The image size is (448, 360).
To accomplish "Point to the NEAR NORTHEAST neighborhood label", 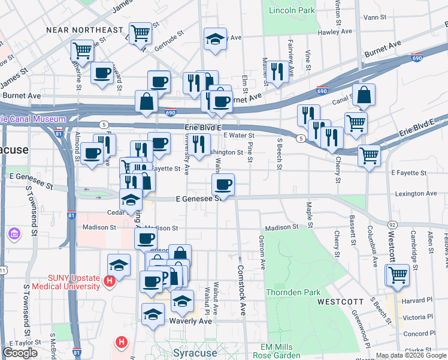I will click(84, 29).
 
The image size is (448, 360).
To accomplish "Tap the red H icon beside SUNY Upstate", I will click(109, 280).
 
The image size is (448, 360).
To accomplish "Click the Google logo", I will click(20, 353).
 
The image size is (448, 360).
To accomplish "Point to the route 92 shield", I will click(392, 224).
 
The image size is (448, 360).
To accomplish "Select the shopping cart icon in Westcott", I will click(398, 275).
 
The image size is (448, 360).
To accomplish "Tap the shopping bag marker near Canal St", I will click(363, 95).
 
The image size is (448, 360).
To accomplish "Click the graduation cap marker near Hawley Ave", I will click(215, 39).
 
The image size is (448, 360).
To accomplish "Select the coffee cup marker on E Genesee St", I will click(223, 184).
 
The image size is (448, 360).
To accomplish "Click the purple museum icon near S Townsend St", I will click(13, 233).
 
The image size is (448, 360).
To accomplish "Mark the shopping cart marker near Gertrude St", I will click(140, 33).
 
